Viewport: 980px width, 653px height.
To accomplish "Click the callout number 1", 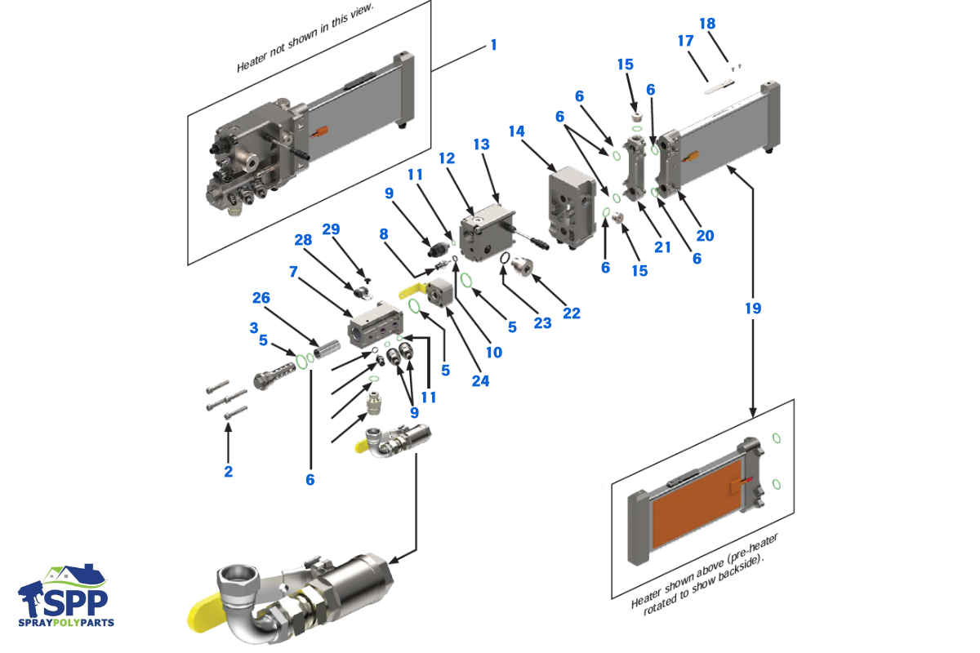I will pyautogui.click(x=492, y=45).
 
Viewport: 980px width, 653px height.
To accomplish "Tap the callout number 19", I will pyautogui.click(x=752, y=309).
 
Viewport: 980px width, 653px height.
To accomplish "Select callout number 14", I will pyautogui.click(x=516, y=131).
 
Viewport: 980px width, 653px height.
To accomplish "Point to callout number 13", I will pyautogui.click(x=481, y=144).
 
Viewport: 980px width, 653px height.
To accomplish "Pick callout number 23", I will pyautogui.click(x=543, y=324).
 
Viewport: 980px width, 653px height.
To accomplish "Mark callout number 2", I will pyautogui.click(x=229, y=471).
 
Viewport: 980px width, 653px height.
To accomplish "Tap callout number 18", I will pyautogui.click(x=707, y=24).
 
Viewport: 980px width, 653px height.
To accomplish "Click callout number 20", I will pyautogui.click(x=705, y=235).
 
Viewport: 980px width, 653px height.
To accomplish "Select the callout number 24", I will pyautogui.click(x=480, y=380).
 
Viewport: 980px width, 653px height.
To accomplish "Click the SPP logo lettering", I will pyautogui.click(x=73, y=600).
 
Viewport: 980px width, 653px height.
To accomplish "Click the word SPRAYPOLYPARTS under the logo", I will pyautogui.click(x=67, y=623).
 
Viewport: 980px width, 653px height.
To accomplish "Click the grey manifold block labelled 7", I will pyautogui.click(x=375, y=328).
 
